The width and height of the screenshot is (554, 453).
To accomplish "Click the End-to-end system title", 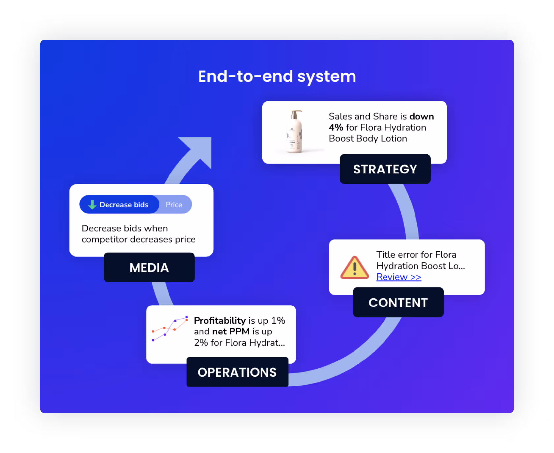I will coord(277,76).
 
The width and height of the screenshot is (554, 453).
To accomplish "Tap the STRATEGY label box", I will coord(385,169).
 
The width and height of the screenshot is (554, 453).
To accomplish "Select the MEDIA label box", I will coord(149,268).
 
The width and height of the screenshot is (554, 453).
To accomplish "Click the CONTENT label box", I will coord(398,303).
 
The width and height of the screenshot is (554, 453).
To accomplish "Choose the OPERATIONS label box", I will coord(237,372).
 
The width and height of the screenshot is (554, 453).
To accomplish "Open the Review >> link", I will coord(399,277).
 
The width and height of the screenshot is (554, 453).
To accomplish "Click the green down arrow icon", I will coord(92,205).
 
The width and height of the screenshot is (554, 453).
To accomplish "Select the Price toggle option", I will coord(174,205).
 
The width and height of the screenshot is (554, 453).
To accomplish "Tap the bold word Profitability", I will coord(220,320).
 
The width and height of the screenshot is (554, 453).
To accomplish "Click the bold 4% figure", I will coord(336,127).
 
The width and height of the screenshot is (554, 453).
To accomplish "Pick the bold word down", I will coord(421,116).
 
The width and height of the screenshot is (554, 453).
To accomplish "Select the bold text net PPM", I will coord(231,332).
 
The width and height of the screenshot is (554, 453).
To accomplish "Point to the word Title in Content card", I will coord(385,255).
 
